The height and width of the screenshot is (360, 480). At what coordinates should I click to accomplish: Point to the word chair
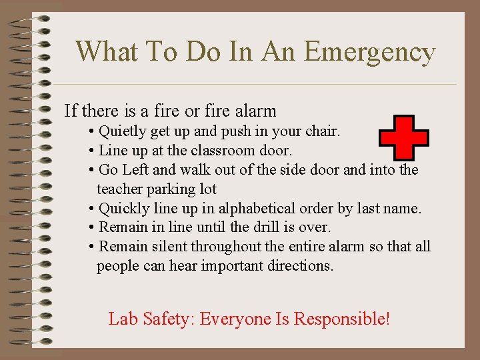tap(323, 131)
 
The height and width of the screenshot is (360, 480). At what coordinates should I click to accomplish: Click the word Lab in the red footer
tap(122, 319)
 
